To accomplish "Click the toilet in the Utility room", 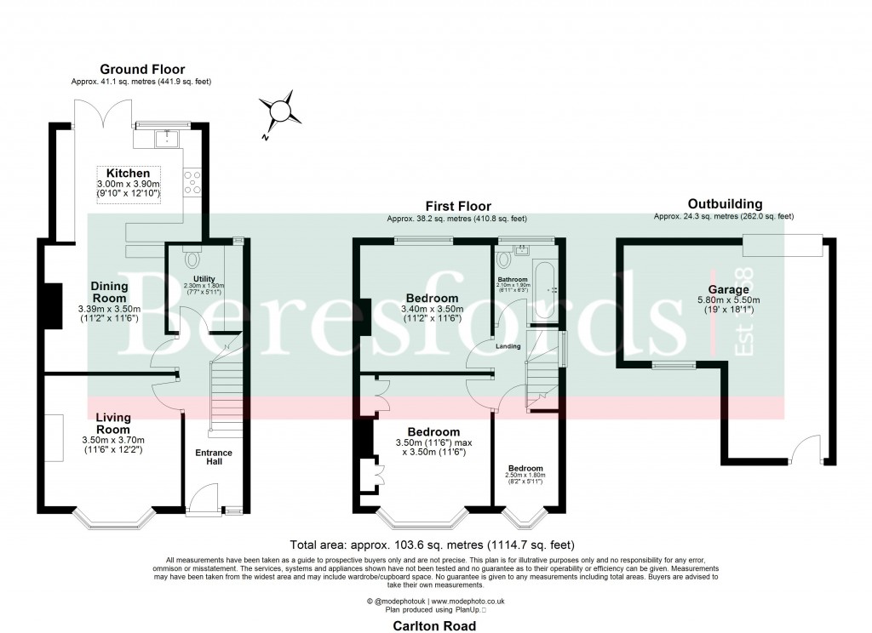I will tap(192, 256).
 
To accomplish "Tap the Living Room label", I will tap(113, 423).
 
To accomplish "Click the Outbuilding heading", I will tap(725, 204).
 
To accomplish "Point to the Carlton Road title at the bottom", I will tap(435, 624).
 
